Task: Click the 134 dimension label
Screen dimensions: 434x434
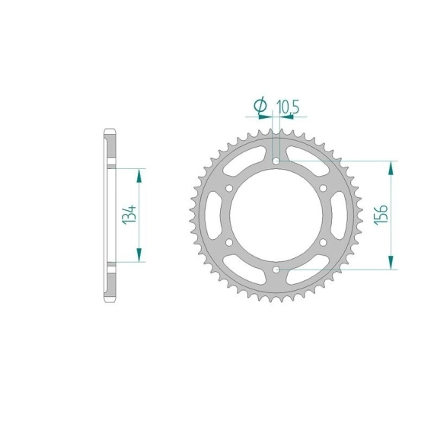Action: pyautogui.click(x=129, y=215)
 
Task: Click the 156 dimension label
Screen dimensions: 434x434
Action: pyautogui.click(x=381, y=215)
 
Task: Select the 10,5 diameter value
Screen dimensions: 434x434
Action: pyautogui.click(x=288, y=107)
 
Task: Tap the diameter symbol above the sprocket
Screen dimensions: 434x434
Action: pyautogui.click(x=260, y=107)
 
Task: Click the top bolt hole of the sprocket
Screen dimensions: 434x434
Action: pyautogui.click(x=276, y=161)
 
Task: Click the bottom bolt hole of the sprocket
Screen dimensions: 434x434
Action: pyautogui.click(x=276, y=270)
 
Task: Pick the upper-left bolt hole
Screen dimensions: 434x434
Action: pyautogui.click(x=229, y=188)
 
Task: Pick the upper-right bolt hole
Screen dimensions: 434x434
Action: pyautogui.click(x=323, y=188)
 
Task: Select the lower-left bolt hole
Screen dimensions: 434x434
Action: pyautogui.click(x=229, y=242)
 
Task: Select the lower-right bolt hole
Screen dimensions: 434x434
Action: pyautogui.click(x=323, y=242)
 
